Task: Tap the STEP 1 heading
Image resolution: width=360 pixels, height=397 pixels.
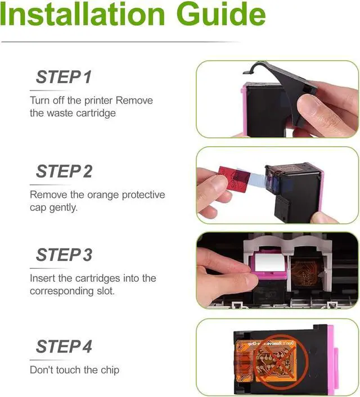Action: [x=64, y=77]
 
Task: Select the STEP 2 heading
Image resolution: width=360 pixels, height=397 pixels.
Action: [x=64, y=171]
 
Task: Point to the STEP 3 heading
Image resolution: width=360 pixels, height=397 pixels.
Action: [x=64, y=255]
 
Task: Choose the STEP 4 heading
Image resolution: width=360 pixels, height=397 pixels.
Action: [x=64, y=346]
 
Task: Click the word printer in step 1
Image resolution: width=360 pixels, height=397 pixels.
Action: [x=98, y=101]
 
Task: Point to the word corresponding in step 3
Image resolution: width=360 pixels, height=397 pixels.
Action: [x=61, y=291]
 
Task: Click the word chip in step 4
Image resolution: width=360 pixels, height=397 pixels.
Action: [x=110, y=370]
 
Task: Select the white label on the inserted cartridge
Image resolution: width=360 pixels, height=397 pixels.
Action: [x=269, y=262]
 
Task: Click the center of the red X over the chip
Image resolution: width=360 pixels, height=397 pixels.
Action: [x=281, y=361]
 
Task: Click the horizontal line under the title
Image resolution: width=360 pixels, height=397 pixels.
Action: [x=120, y=42]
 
